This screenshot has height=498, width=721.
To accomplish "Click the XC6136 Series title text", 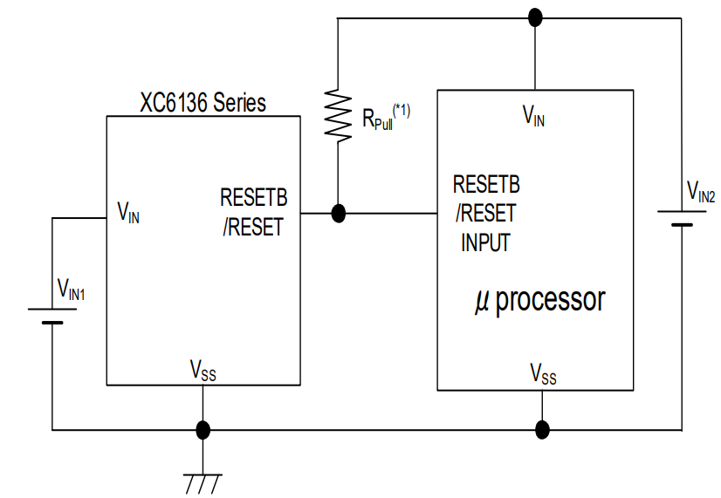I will (203, 102).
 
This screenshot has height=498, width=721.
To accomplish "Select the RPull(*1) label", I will (386, 116).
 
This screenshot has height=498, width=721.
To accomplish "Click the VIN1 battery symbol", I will (52, 316).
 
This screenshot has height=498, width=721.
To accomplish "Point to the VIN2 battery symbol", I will (682, 217).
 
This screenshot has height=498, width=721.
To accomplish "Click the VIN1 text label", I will (71, 287).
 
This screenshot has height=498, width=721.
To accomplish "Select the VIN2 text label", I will (700, 191).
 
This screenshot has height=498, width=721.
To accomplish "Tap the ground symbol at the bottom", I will (203, 481).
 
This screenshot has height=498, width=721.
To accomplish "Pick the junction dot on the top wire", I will (535, 17).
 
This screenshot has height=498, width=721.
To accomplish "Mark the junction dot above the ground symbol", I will (203, 429).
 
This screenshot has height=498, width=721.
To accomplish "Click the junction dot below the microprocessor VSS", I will (542, 429).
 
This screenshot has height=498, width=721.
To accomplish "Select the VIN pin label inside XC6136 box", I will (128, 211).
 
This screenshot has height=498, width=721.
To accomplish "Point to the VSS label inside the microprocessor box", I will (542, 374).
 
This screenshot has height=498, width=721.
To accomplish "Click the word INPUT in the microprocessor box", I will (485, 242).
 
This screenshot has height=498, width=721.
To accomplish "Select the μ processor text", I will (539, 300).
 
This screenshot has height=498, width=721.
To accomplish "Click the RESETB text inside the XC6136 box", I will (253, 198).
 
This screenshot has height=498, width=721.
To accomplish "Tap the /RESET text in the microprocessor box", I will (484, 213).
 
